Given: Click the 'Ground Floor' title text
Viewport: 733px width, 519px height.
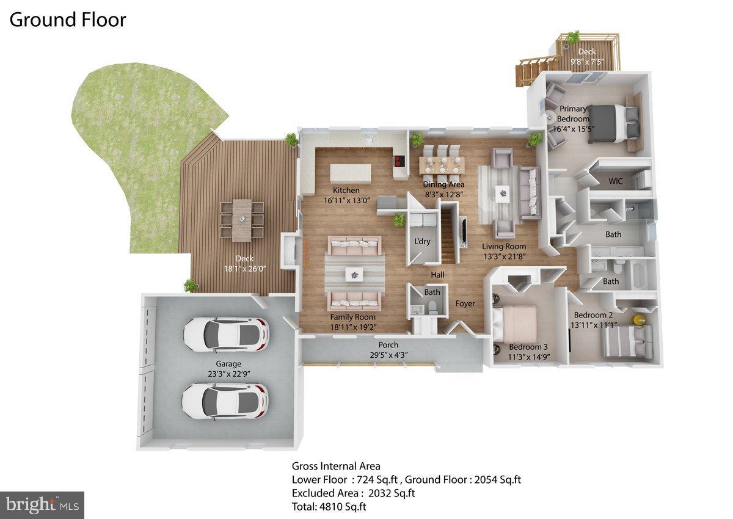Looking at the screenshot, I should [67, 20].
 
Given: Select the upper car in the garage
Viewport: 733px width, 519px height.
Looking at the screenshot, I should [225, 333].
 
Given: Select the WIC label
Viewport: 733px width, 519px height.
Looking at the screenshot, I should [616, 181].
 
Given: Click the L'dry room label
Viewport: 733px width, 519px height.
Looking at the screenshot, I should [422, 241].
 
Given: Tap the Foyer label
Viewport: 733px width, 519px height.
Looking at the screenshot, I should [465, 303].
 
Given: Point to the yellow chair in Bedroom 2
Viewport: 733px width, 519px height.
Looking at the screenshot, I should [639, 319].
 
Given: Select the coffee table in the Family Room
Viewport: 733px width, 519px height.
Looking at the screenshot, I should [354, 275].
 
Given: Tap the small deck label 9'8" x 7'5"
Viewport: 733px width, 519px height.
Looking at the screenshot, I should [586, 62].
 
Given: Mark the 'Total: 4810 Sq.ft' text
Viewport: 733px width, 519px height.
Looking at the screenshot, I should [329, 506].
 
